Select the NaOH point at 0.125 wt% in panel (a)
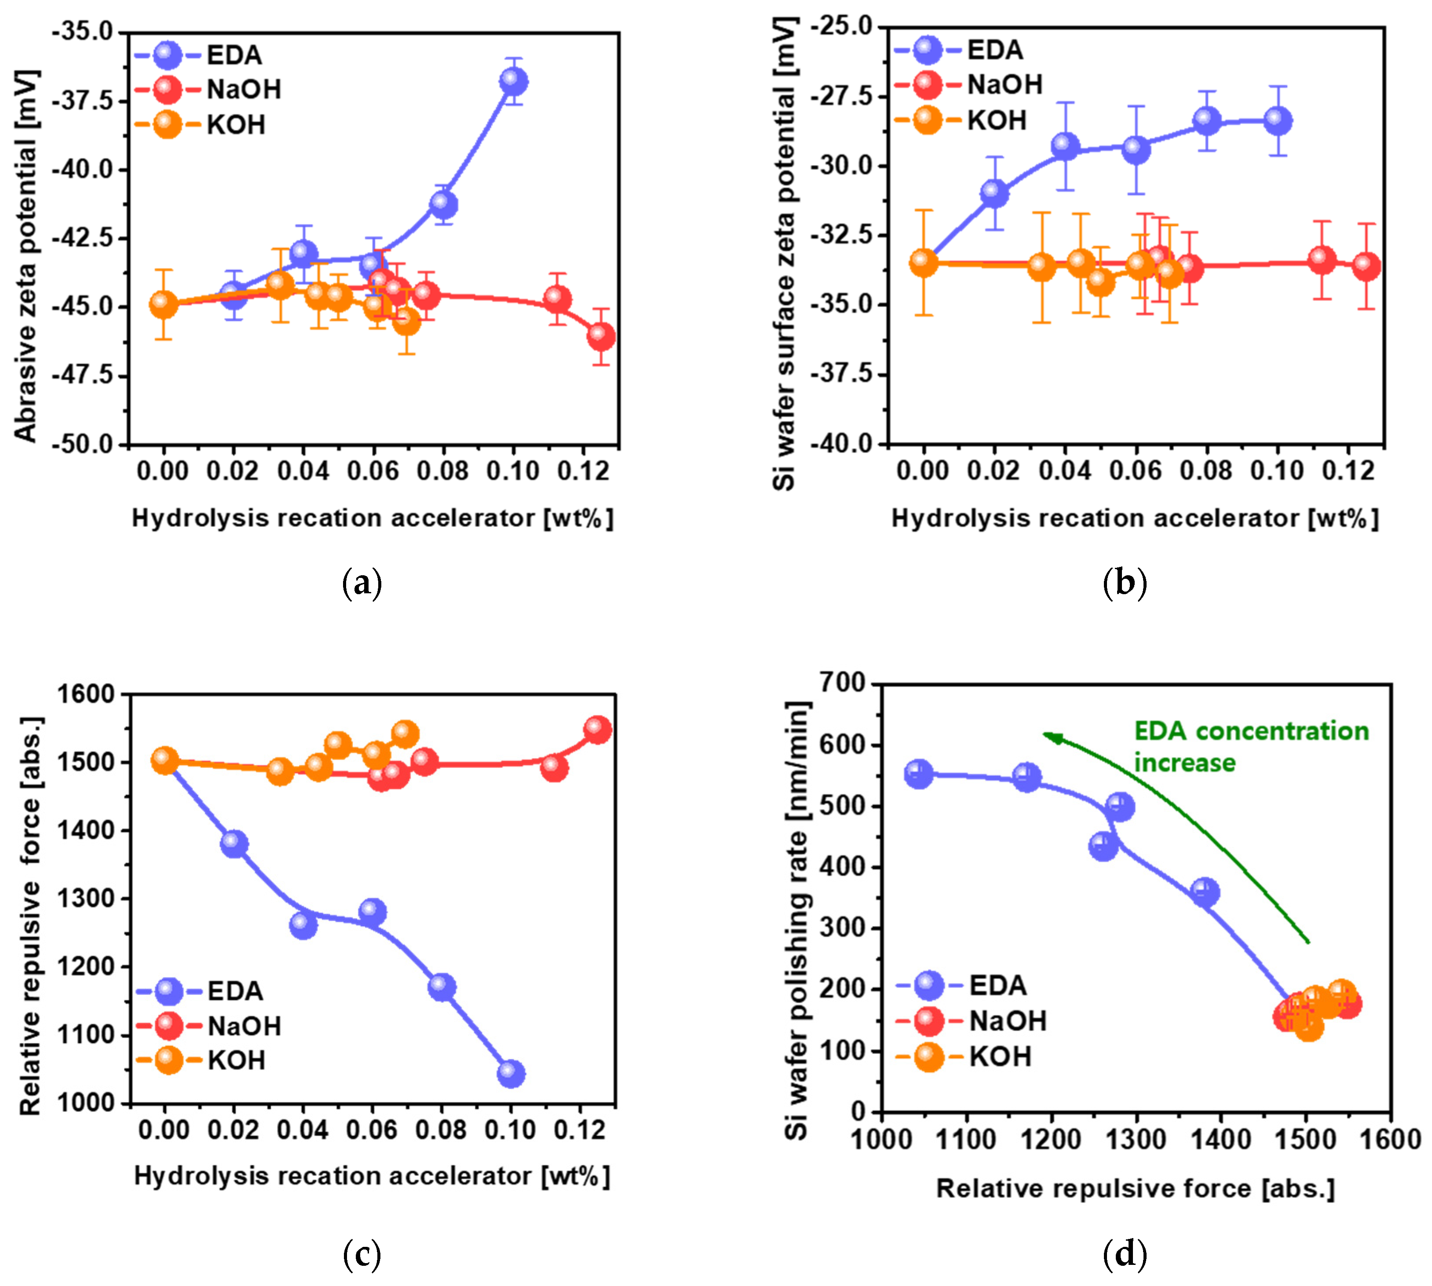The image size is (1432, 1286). pyautogui.click(x=600, y=336)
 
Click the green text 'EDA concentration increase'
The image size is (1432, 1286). pyautogui.click(x=1250, y=747)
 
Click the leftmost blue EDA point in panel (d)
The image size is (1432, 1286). pyautogui.click(x=918, y=774)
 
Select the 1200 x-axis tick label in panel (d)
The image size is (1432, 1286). pyautogui.click(x=1051, y=1140)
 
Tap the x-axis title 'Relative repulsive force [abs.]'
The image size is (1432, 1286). pyautogui.click(x=1135, y=1188)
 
